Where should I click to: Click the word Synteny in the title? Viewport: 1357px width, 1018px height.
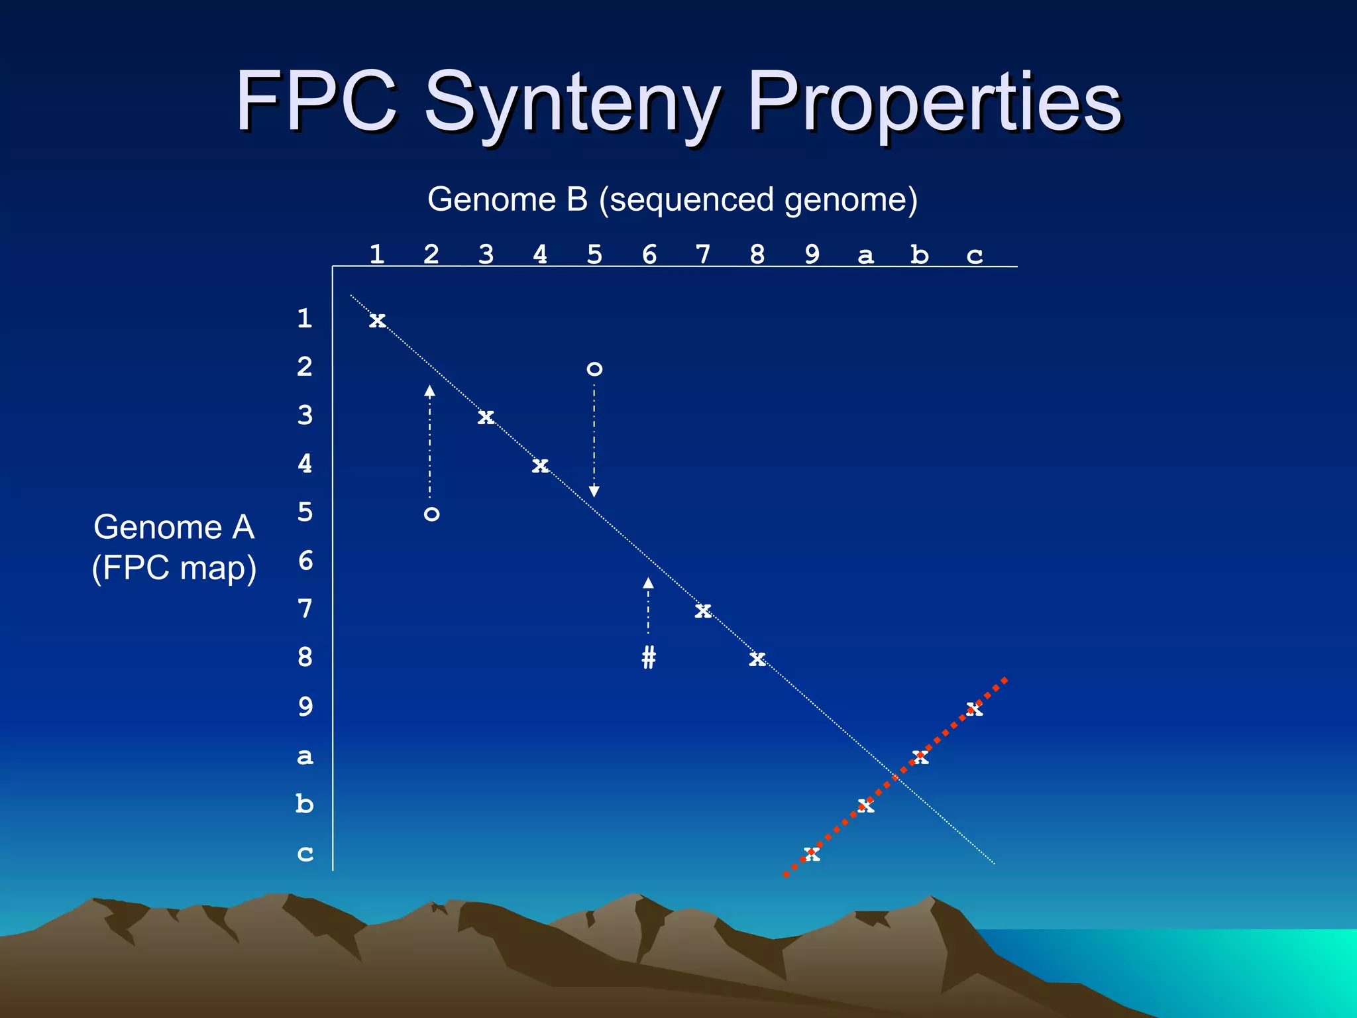pyautogui.click(x=572, y=105)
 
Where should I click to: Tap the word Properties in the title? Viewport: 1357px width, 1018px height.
pyautogui.click(x=934, y=105)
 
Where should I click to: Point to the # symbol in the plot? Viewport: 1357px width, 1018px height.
pyautogui.click(x=649, y=657)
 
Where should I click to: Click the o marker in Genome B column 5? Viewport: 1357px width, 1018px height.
pyautogui.click(x=594, y=369)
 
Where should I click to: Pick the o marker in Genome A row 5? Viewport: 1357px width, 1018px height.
pyautogui.click(x=431, y=514)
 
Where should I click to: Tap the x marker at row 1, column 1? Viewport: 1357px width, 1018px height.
pyautogui.click(x=377, y=321)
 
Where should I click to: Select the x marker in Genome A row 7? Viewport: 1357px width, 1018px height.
pyautogui.click(x=703, y=610)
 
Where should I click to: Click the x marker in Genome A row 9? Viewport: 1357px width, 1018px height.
pyautogui.click(x=974, y=709)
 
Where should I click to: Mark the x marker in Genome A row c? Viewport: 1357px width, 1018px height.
pyautogui.click(x=812, y=854)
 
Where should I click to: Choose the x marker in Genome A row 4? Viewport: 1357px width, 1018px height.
pyautogui.click(x=540, y=466)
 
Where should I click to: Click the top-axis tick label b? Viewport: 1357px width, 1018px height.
pyautogui.click(x=919, y=254)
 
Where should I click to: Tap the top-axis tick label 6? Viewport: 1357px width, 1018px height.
pyautogui.click(x=649, y=254)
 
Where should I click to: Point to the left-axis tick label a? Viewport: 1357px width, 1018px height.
pyautogui.click(x=305, y=756)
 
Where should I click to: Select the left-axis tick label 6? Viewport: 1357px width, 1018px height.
pyautogui.click(x=305, y=561)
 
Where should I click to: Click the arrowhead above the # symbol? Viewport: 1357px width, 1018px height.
pyautogui.click(x=648, y=583)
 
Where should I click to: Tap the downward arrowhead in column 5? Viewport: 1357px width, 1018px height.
pyautogui.click(x=594, y=491)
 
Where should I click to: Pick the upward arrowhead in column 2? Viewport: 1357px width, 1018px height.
pyautogui.click(x=430, y=391)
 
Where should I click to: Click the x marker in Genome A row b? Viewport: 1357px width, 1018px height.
pyautogui.click(x=865, y=806)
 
